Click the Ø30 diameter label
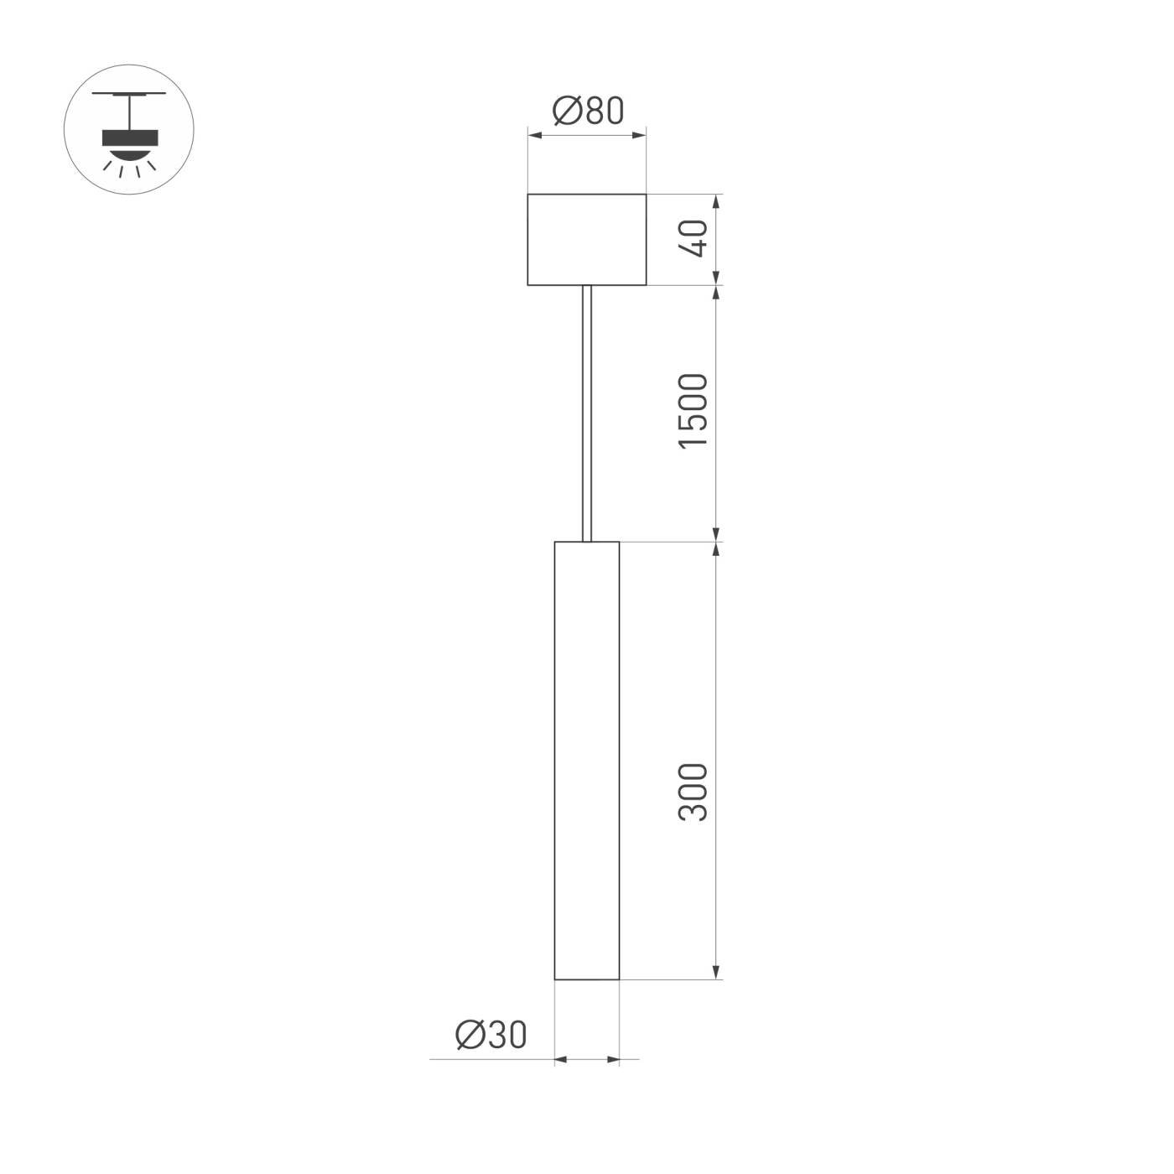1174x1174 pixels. pyautogui.click(x=491, y=1035)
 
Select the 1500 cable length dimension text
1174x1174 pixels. pyautogui.click(x=694, y=411)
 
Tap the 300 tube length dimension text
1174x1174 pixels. pyautogui.click(x=694, y=792)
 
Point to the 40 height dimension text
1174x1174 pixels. pyautogui.click(x=694, y=238)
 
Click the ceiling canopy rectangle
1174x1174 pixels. pyautogui.click(x=586, y=239)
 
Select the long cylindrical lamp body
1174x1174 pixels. pyautogui.click(x=586, y=760)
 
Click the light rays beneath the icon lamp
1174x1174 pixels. pyautogui.click(x=129, y=168)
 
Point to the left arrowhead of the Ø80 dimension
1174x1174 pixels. pyautogui.click(x=533, y=132)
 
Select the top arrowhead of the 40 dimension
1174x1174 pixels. pyautogui.click(x=716, y=201)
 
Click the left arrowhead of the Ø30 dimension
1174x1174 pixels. pyautogui.click(x=561, y=1060)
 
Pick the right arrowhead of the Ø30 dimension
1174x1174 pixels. pyautogui.click(x=613, y=1060)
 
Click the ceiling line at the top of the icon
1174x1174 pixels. pyautogui.click(x=129, y=94)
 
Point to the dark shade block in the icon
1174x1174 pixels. pyautogui.click(x=129, y=137)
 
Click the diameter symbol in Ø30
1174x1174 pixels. pyautogui.click(x=470, y=1035)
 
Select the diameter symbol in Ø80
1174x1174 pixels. pyautogui.click(x=567, y=111)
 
